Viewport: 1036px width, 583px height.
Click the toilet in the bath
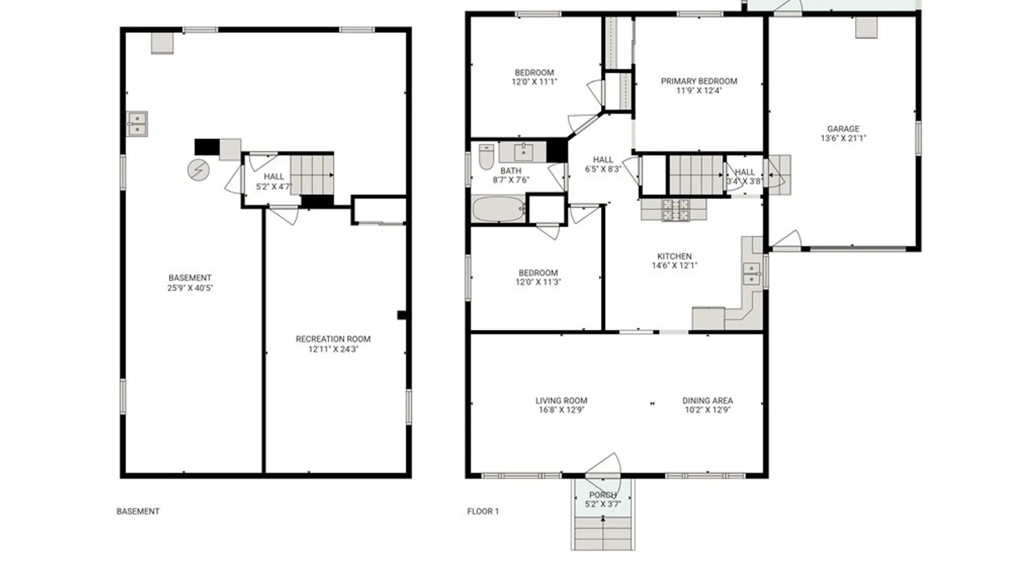point(486,157)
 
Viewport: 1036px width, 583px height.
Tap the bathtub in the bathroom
point(499,209)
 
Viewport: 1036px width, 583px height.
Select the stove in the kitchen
point(676,211)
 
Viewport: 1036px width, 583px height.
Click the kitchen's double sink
point(751,274)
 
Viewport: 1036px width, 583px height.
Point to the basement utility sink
point(137,124)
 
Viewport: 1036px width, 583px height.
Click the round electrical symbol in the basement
point(198,170)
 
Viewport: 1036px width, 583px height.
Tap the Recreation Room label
point(333,339)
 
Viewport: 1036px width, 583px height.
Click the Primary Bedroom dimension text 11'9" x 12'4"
point(699,91)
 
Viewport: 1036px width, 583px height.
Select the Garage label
point(843,128)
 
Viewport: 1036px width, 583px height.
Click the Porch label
point(602,495)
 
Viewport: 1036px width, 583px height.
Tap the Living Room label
point(561,401)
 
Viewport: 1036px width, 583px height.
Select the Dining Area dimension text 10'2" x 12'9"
point(707,410)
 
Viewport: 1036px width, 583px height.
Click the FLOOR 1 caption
point(483,511)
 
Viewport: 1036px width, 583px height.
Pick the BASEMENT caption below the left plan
point(138,511)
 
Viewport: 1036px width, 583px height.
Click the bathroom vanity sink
point(523,153)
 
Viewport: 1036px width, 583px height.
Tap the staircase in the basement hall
point(312,175)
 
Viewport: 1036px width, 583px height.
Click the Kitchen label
point(674,256)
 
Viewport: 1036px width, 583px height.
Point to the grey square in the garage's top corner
point(866,28)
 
